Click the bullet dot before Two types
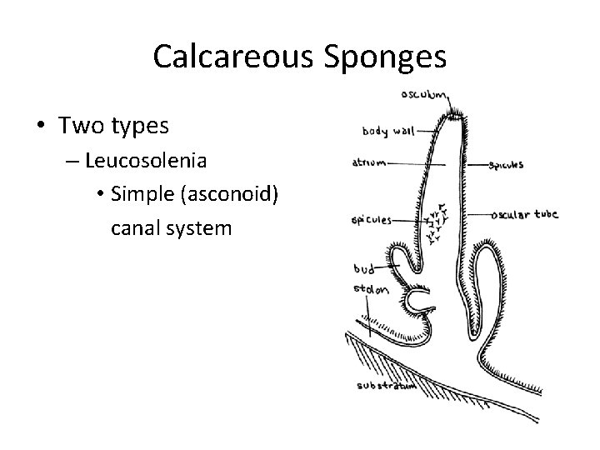pos(40,127)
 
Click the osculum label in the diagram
pos(426,94)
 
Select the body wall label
pos(387,131)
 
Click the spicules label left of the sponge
pos(371,221)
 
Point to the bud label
pos(363,269)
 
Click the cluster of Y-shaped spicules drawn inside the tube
pos(435,222)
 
